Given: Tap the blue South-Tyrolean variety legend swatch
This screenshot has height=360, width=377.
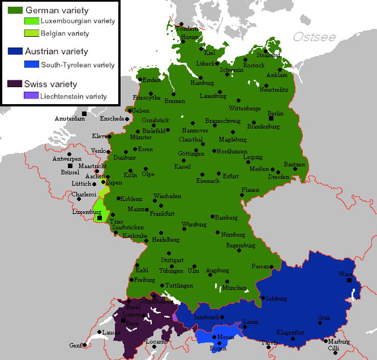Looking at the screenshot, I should pos(31,65).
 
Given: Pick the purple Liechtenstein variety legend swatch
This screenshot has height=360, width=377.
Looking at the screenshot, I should pos(31,96).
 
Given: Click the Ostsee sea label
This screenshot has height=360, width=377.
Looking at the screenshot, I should pos(314,37).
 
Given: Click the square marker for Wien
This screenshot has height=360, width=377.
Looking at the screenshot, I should pos(349,280).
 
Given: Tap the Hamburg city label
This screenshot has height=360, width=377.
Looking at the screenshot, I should pos(202,83).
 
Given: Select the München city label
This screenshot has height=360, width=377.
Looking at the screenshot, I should pos(234,288).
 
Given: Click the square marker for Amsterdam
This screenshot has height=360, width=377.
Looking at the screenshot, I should pos(84,114).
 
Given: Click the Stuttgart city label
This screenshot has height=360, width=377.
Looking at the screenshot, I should pos(173,260).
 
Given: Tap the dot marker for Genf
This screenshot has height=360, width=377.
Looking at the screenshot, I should pos(84,345).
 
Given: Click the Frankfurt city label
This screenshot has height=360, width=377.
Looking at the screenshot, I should pos(161,213).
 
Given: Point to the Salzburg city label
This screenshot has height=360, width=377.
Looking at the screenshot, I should pos(275,298).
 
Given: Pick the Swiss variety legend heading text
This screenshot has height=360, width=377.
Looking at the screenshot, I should pos(50,84).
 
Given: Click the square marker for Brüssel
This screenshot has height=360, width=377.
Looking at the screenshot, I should pos(70,166).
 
